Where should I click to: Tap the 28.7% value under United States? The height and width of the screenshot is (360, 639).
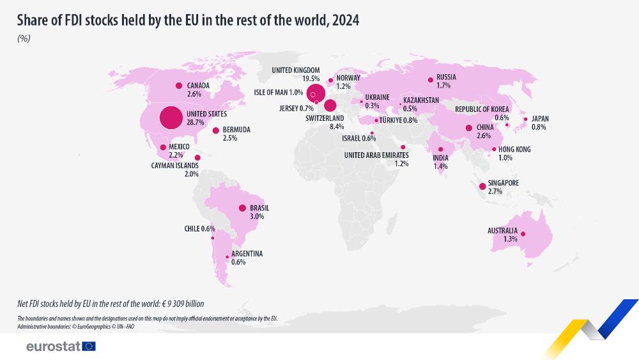[195, 121]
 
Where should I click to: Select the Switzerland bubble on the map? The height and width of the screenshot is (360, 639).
[330, 106]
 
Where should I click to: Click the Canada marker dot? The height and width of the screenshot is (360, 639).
[179, 85]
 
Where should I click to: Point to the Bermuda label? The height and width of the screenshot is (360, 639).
[236, 130]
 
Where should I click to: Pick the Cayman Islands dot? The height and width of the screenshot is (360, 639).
[197, 157]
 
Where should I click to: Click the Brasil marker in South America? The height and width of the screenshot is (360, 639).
[242, 208]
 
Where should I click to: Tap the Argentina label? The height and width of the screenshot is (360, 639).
[247, 254]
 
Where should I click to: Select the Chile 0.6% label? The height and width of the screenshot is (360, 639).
[199, 229]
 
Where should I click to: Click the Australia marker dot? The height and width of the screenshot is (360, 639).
[523, 234]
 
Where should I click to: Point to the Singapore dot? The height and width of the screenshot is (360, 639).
[482, 186]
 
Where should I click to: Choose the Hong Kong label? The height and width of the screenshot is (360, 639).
[514, 149]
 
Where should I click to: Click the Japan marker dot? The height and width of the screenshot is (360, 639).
[525, 119]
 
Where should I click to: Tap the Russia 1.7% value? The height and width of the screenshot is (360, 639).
[443, 85]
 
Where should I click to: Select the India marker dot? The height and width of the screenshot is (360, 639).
[440, 150]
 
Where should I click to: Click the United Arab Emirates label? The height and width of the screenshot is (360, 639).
[376, 155]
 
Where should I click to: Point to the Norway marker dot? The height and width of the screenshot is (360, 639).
[330, 81]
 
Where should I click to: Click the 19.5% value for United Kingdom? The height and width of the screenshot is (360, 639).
[311, 79]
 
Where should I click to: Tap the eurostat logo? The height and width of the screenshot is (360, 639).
[61, 346]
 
